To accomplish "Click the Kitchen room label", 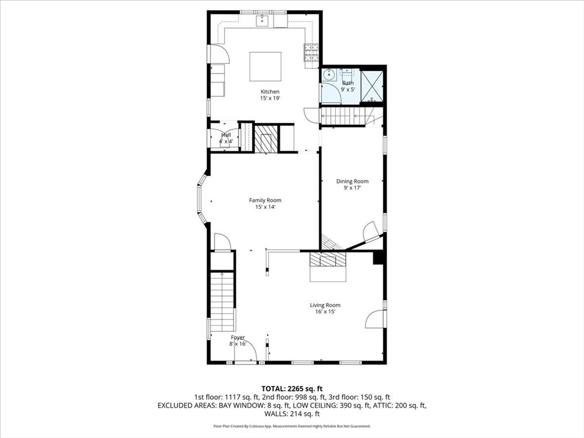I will [x=270, y=92].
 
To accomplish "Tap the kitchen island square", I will [x=265, y=68].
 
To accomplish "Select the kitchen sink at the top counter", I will [x=263, y=22].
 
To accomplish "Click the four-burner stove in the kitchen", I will [x=311, y=52].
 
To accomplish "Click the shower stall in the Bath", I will [x=372, y=87].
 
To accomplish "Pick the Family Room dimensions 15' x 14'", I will [x=265, y=207].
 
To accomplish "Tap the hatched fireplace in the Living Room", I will [x=328, y=260].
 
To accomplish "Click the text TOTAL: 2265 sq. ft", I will [x=292, y=388].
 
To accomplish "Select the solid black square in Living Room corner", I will [x=378, y=258].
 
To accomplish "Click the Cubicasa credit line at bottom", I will [x=292, y=426].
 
